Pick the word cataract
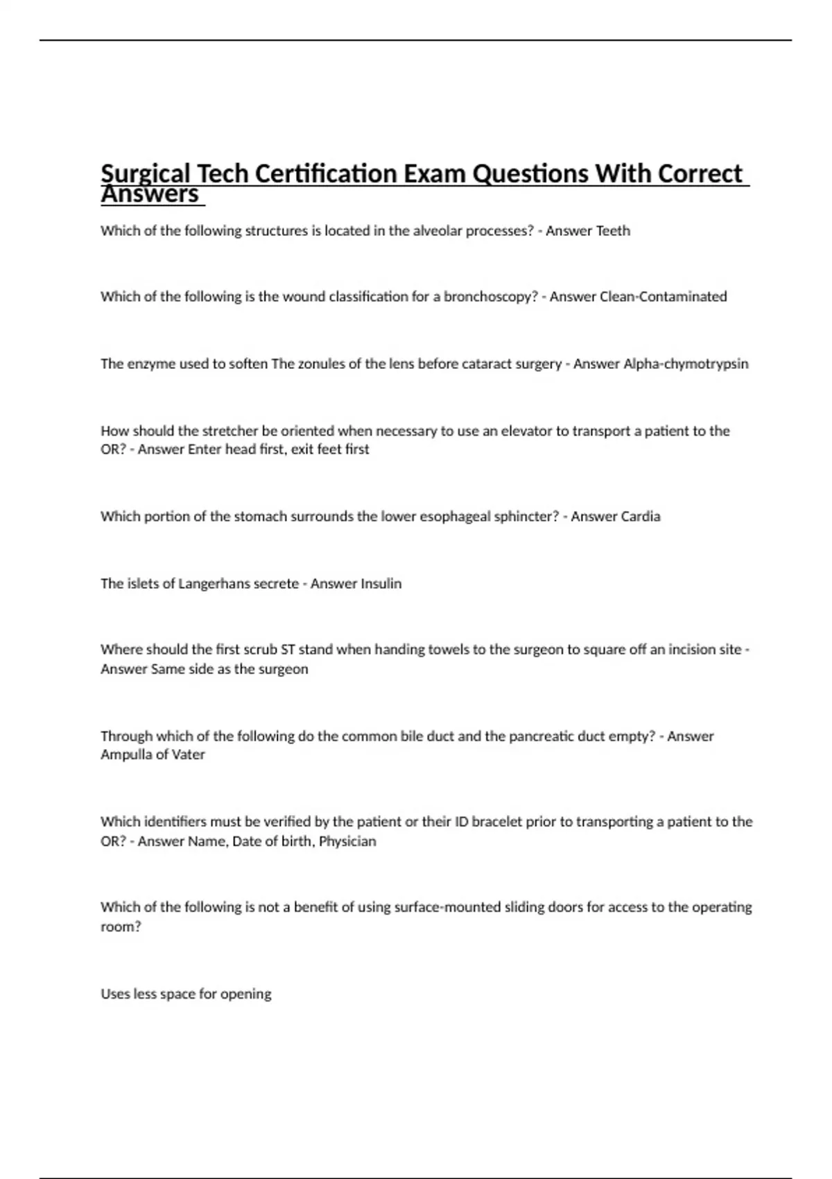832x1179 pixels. [x=491, y=364]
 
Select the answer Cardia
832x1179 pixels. [x=638, y=517]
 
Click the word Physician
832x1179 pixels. [x=347, y=841]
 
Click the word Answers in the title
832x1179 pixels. [x=150, y=195]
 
